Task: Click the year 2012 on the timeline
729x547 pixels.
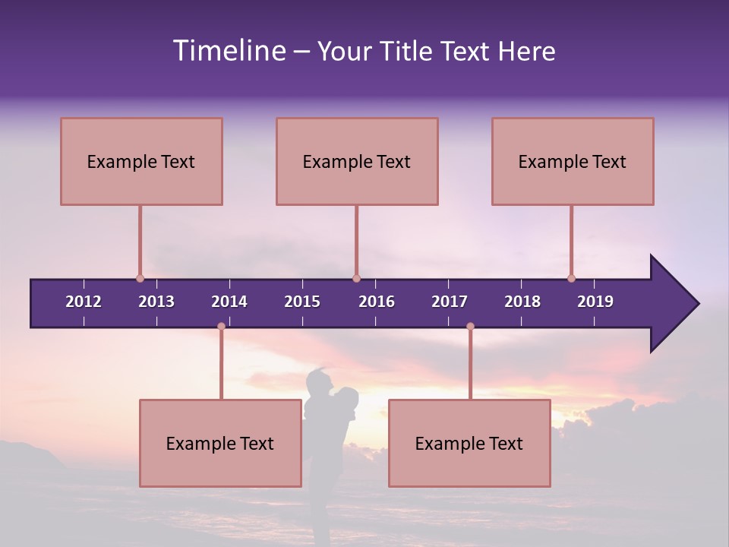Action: pos(84,302)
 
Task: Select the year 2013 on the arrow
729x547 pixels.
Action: pos(156,302)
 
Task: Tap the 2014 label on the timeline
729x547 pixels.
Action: pos(229,302)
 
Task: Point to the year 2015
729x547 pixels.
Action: pos(302,302)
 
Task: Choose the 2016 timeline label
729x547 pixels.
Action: pos(377,302)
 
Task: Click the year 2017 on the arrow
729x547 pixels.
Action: pos(450,302)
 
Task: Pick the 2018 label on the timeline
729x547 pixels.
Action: pos(522,302)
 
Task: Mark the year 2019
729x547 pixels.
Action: pos(595,302)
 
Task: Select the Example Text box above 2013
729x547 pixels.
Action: pos(141,162)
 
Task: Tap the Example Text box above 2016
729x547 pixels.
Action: pos(357,162)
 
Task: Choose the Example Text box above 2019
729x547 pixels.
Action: pos(573,162)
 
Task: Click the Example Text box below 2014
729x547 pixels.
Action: pos(220,444)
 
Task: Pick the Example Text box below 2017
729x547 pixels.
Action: pos(469,444)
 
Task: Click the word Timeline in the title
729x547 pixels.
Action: pos(229,51)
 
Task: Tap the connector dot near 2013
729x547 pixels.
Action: pos(140,279)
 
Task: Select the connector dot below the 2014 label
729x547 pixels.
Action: pos(221,327)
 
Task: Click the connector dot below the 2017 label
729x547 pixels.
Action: pos(470,327)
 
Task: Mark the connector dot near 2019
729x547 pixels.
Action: pos(572,279)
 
